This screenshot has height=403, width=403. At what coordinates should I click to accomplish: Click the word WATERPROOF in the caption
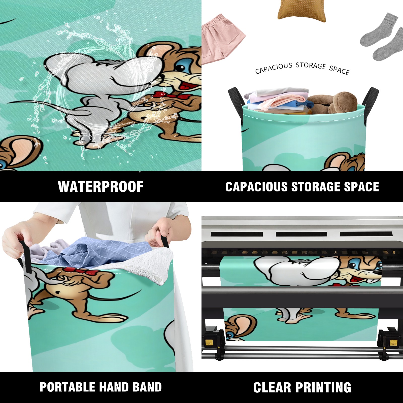click(x=101, y=187)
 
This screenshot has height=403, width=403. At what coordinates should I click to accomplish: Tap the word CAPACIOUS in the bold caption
click(x=256, y=187)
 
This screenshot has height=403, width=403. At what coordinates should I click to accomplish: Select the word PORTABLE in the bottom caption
click(x=67, y=387)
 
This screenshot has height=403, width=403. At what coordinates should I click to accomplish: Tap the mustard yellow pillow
click(x=301, y=11)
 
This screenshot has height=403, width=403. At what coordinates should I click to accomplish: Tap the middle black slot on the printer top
click(x=301, y=234)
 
